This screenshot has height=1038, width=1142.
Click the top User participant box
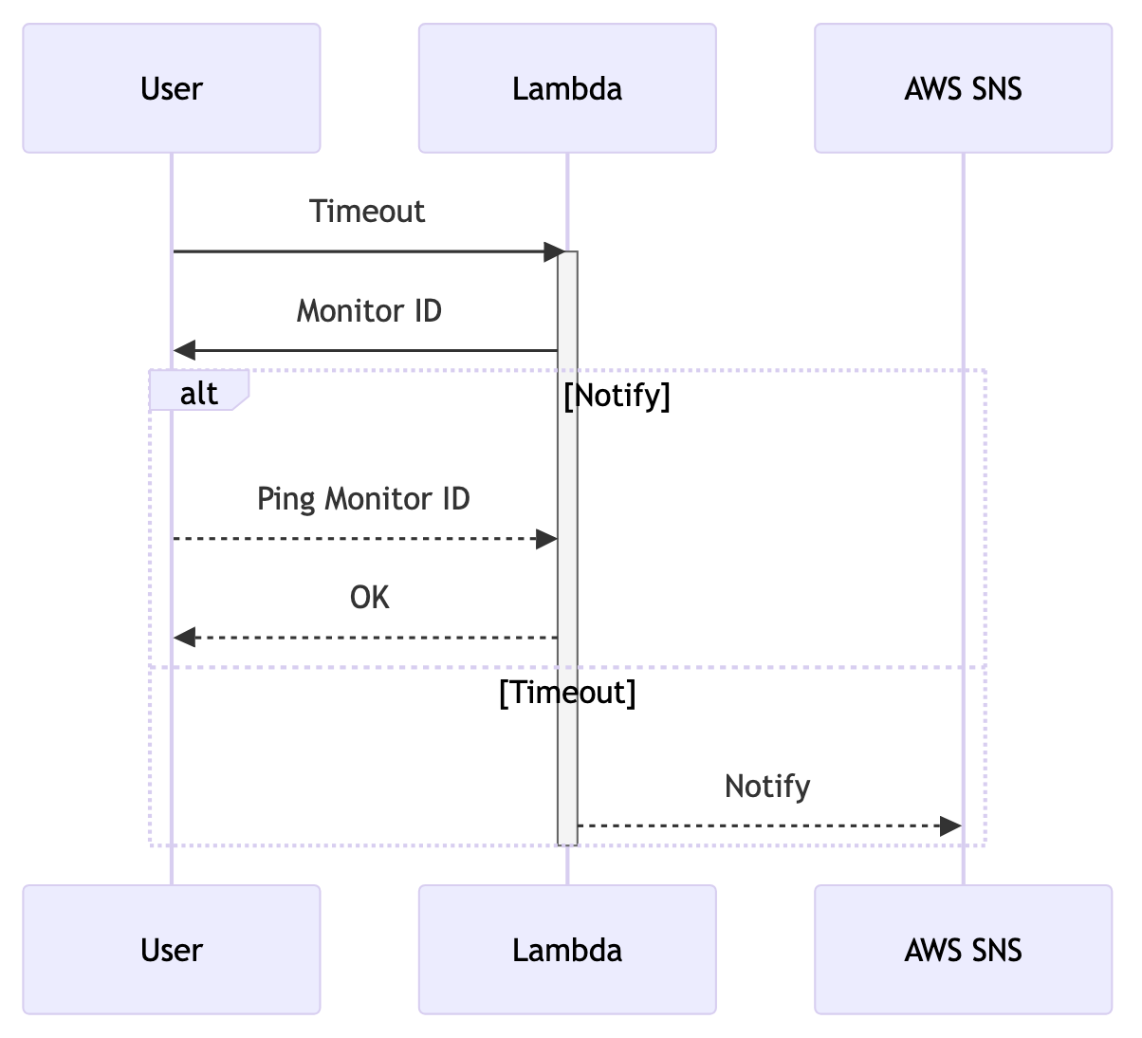172,88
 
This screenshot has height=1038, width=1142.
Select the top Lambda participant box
567,88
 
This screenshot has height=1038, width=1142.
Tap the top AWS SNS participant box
963,88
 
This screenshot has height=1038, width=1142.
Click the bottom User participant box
172,950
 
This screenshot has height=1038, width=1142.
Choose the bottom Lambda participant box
567,950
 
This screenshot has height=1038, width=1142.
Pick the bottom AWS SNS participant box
963,950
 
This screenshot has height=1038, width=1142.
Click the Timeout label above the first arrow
367,211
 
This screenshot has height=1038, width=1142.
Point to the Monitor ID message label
369,310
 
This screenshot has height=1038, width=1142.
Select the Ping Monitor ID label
363,498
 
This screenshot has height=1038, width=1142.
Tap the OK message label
369,597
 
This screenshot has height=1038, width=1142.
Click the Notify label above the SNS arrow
767,786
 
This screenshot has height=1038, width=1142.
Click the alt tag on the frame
199,392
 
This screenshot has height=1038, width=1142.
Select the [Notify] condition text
617,395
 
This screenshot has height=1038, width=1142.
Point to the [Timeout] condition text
567,693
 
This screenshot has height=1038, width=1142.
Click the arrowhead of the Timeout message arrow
553,252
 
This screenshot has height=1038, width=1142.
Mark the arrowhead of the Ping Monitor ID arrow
546,539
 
